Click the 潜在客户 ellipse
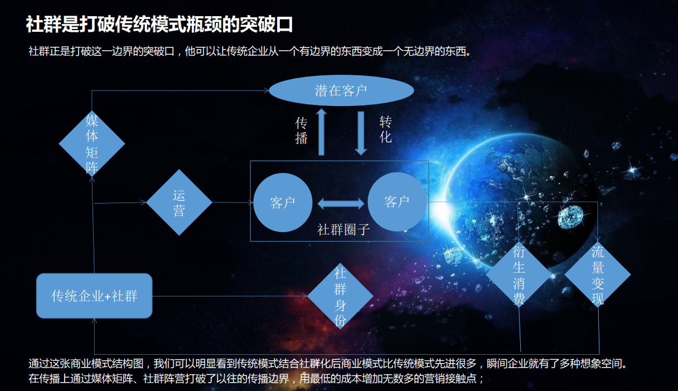341,91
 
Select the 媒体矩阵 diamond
92,143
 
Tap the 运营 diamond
179,202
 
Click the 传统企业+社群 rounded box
94,296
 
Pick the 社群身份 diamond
340,296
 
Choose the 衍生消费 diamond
519,275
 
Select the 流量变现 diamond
598,275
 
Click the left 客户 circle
283,202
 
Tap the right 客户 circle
397,202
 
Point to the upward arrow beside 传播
321,132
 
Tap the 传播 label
301,131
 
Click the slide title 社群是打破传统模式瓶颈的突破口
159,25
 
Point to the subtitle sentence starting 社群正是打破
250,52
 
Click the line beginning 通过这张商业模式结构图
328,364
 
